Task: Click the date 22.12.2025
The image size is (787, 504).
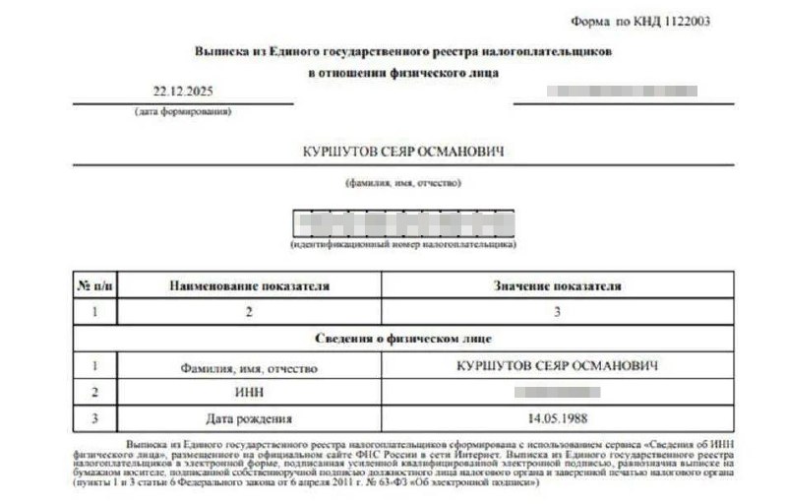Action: [x=183, y=92]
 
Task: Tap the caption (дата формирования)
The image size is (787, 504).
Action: [x=183, y=111]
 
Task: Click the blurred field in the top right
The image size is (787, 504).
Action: [x=624, y=91]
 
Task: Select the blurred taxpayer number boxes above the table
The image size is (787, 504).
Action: [x=402, y=223]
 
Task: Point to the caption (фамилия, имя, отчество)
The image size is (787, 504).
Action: [x=402, y=183]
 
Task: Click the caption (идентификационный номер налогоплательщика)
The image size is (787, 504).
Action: [x=402, y=244]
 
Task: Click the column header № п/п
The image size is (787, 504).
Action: [x=95, y=285]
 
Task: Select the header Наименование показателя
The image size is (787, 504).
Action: [x=249, y=285]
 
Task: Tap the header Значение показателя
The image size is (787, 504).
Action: [x=557, y=285]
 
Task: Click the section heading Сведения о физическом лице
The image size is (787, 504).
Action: [x=402, y=339]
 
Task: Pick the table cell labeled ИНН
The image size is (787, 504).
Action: [x=249, y=392]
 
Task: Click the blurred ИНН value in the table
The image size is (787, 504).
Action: [x=557, y=392]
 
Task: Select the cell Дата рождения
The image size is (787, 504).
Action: [x=249, y=418]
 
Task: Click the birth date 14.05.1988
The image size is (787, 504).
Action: [x=557, y=418]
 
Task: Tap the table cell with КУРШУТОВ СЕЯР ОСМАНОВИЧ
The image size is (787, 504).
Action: [x=557, y=365]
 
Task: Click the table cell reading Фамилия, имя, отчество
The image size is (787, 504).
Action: [x=249, y=366]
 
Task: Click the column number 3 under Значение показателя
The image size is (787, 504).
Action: [x=557, y=312]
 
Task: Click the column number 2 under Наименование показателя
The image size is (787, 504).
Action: [x=249, y=312]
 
